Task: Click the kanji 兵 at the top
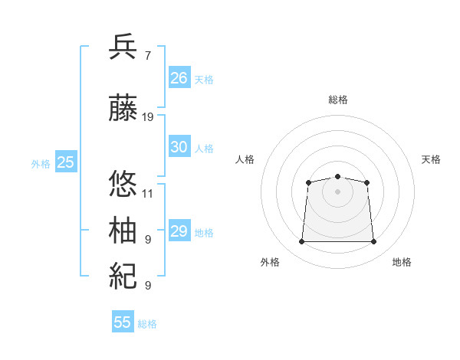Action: coord(124,47)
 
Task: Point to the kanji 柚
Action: coord(124,230)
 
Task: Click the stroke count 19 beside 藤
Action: coord(148,117)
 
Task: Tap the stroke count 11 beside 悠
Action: coord(148,193)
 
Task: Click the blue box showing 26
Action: coord(179,77)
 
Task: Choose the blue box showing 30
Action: coord(179,147)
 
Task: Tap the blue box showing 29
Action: coord(179,231)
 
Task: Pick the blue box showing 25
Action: coord(65,162)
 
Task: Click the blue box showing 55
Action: coord(122,322)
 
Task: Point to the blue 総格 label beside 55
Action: coord(147,324)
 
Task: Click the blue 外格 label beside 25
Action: coord(41,163)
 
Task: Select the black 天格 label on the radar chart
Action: coord(431,159)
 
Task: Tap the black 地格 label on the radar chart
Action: coord(402,262)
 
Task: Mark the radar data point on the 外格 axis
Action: coord(301,242)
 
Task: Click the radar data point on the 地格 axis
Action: coord(374,242)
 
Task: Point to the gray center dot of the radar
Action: coord(337,191)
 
